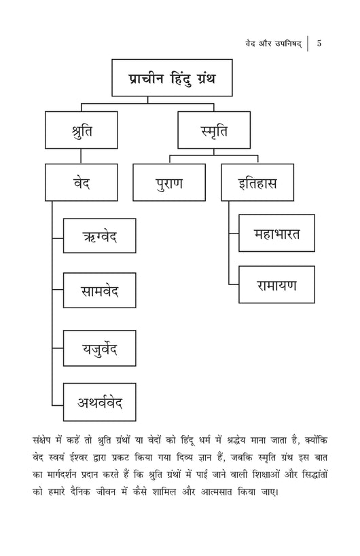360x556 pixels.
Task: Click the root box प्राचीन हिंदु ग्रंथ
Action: click(172, 77)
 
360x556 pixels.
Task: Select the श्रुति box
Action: click(82, 130)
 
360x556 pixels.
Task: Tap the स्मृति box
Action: click(214, 130)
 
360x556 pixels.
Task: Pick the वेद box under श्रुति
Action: click(82, 182)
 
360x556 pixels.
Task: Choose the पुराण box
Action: click(169, 182)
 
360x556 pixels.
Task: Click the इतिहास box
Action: click(257, 182)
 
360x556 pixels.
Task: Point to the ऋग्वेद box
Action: click(100, 236)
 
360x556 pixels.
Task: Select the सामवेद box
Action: click(100, 290)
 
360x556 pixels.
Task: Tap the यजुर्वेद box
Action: click(100, 348)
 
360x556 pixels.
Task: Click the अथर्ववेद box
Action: click(100, 402)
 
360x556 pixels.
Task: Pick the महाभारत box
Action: click(276, 233)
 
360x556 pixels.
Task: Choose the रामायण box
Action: click(276, 284)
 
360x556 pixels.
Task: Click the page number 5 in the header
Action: click(319, 43)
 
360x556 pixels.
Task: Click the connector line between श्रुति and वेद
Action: click(81, 156)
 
